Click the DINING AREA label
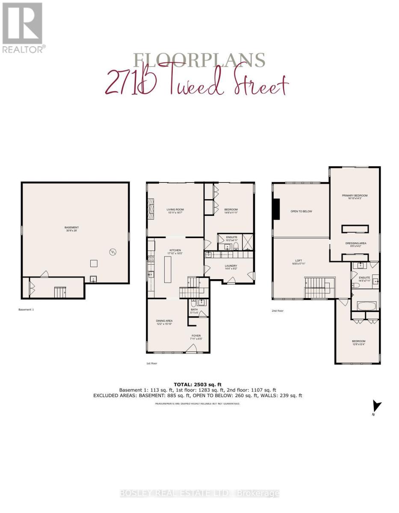point(164,322)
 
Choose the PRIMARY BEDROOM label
point(355,197)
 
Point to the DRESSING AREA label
point(356,245)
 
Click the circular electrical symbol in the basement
point(113,252)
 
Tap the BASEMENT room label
point(72,229)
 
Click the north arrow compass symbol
point(376,407)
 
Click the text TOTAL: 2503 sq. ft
point(198,384)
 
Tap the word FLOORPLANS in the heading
point(198,60)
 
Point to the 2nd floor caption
point(278,311)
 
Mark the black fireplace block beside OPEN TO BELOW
point(277,209)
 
